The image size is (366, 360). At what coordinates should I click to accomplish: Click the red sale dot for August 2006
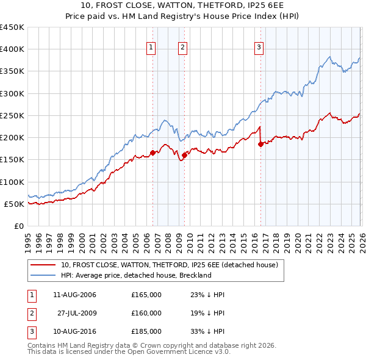tap(152, 153)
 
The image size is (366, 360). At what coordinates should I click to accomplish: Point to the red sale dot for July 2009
tap(184, 156)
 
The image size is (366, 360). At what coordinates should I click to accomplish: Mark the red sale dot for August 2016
tap(260, 145)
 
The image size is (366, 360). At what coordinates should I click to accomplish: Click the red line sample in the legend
tap(43, 265)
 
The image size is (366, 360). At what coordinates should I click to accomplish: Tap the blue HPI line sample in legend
tap(43, 275)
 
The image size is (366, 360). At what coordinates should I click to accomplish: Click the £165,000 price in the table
tap(146, 295)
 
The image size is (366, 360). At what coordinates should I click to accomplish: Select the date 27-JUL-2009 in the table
tap(77, 313)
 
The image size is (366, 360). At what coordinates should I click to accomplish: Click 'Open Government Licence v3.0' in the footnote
tap(179, 353)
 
